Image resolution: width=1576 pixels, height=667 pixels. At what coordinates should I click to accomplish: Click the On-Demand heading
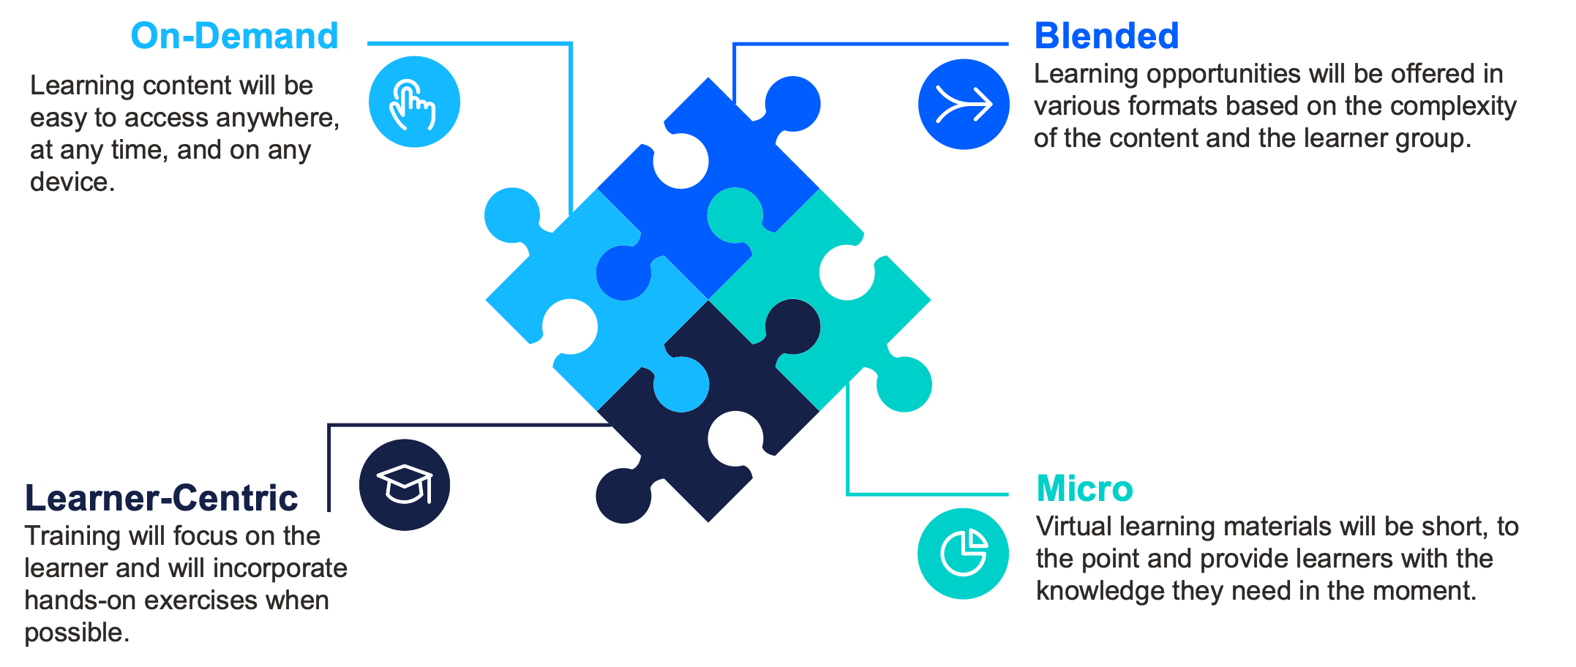(x=234, y=36)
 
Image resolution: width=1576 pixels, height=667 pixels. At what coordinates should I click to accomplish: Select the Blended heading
(x=1106, y=36)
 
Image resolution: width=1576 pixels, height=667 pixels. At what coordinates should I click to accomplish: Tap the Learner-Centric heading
(x=162, y=498)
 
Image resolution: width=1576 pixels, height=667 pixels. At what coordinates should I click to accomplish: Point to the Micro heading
(x=1084, y=489)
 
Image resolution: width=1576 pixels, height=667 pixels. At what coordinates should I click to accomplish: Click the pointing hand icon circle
(x=414, y=102)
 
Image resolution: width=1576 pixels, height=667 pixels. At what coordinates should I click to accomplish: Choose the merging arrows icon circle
(x=964, y=104)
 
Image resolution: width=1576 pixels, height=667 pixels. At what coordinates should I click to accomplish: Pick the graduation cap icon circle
(x=405, y=485)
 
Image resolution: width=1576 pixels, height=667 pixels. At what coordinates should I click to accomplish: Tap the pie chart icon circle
(x=963, y=554)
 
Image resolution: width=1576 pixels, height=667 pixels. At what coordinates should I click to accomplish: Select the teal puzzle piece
(x=819, y=300)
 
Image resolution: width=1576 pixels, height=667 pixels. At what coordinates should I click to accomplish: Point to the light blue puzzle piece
(x=597, y=300)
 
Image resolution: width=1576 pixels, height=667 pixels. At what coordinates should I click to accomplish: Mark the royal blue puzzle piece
(x=708, y=188)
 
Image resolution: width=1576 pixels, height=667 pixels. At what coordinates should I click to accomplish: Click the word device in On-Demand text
(x=72, y=182)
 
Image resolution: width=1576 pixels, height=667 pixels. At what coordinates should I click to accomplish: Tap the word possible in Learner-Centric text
(x=77, y=633)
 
